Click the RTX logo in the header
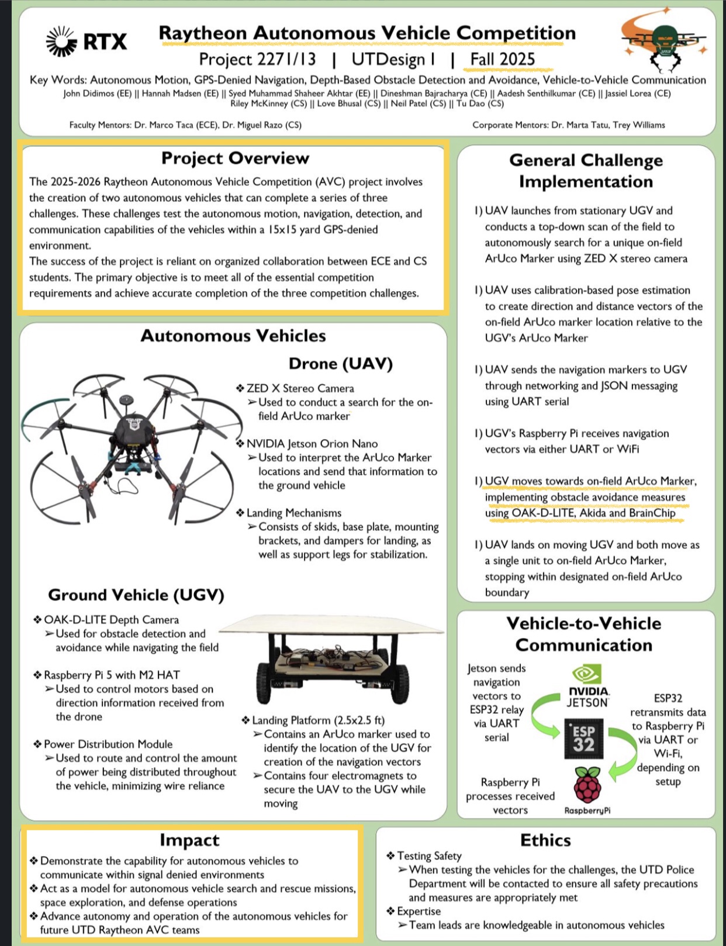pyautogui.click(x=87, y=42)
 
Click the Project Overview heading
pyautogui.click(x=235, y=158)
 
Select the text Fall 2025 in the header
pyautogui.click(x=502, y=59)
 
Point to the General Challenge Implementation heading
pyautogui.click(x=586, y=171)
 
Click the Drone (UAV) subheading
pyautogui.click(x=340, y=364)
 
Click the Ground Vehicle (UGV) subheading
pyautogui.click(x=136, y=595)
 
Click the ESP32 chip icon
pyautogui.click(x=583, y=739)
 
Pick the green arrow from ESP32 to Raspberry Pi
pyautogui.click(x=622, y=754)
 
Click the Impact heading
pyautogui.click(x=189, y=840)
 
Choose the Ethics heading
pyautogui.click(x=545, y=840)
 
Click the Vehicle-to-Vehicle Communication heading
pyautogui.click(x=583, y=634)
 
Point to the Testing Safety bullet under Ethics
pyautogui.click(x=428, y=856)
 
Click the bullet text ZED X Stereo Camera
pyautogui.click(x=300, y=388)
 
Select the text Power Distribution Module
pyautogui.click(x=108, y=744)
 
